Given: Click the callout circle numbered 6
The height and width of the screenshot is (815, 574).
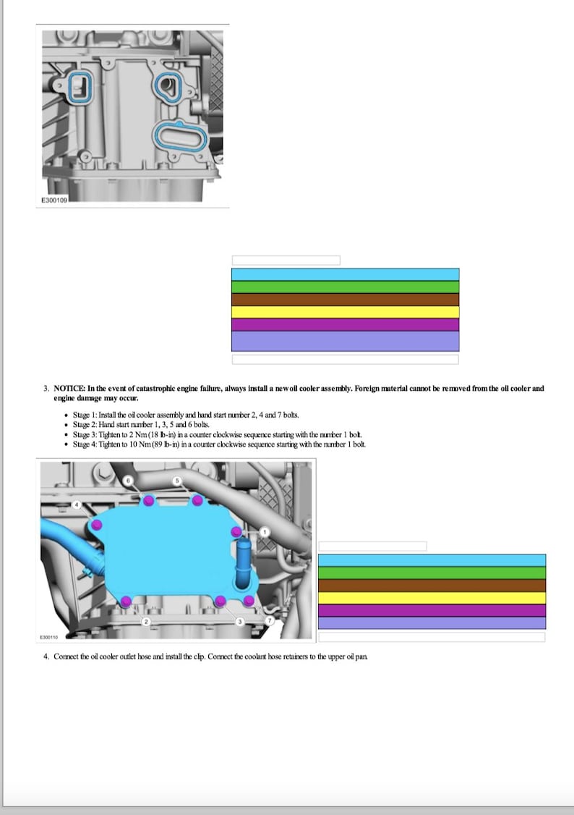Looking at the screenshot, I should tap(129, 480).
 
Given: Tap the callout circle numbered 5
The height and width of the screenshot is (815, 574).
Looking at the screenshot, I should tap(176, 480).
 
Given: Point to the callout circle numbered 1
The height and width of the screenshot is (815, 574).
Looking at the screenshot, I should tap(264, 532).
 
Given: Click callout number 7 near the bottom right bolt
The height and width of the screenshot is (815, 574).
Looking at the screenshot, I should tap(270, 621).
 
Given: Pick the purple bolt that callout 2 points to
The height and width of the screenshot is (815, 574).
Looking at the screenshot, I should tap(127, 600).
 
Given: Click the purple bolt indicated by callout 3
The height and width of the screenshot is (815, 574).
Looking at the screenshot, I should tap(220, 600).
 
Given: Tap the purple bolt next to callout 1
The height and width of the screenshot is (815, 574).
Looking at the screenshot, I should tap(236, 532).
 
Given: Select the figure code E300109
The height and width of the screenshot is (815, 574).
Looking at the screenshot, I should tap(53, 200).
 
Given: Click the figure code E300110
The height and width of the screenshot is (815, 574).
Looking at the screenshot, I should tap(49, 637).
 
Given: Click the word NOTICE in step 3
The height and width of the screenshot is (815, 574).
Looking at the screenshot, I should tap(69, 389).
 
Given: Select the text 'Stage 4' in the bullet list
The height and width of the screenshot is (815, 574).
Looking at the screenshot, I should tap(85, 444).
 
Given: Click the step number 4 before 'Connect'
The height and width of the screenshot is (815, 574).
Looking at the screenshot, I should tap(46, 656).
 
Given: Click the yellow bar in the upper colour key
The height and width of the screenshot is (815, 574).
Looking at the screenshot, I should tap(345, 312).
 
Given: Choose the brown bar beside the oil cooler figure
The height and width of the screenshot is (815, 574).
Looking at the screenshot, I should tap(432, 586).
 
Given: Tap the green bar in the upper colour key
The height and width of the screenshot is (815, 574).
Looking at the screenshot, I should tap(345, 287).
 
